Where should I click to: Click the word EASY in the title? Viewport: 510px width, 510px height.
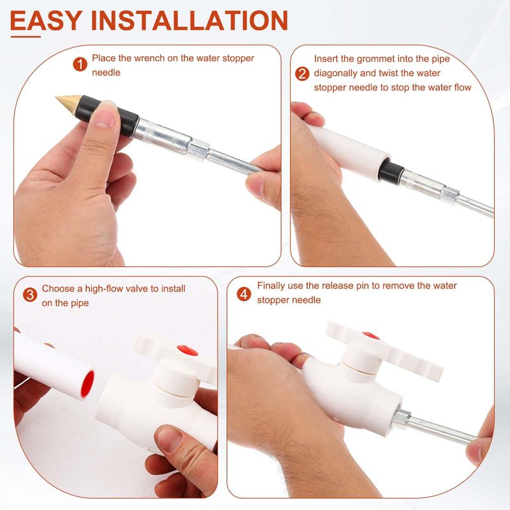tap(45, 20)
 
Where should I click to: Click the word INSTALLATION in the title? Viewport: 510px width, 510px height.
tap(189, 20)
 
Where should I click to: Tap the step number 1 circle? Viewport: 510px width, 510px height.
tap(80, 64)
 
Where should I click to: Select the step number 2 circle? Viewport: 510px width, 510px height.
tap(302, 74)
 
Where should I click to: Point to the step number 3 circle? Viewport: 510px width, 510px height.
tap(30, 295)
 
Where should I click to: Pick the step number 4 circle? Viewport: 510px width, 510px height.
tap(244, 295)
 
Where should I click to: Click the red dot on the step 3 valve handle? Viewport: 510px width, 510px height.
tap(187, 350)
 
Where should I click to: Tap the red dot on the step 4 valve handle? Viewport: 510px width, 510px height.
tap(371, 335)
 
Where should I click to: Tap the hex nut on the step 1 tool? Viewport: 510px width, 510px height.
tap(198, 150)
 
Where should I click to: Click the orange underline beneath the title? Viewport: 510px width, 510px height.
tap(25, 36)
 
